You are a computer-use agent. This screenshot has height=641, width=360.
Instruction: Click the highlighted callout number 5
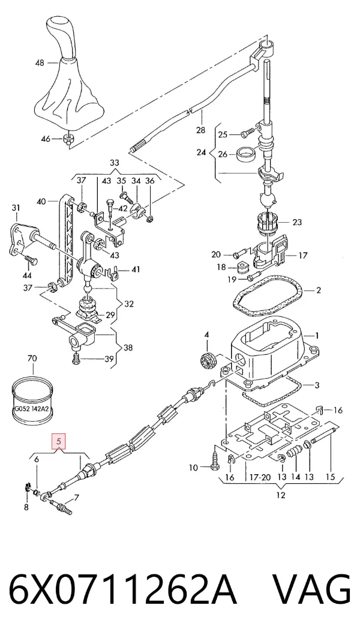click(x=59, y=442)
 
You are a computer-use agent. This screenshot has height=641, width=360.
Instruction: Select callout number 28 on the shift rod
click(x=200, y=130)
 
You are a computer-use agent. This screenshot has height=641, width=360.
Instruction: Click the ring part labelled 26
click(x=247, y=154)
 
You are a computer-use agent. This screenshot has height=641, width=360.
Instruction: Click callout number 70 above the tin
click(x=32, y=359)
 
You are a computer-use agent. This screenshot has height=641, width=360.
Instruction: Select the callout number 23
click(x=296, y=222)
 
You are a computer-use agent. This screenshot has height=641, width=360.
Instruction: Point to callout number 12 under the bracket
click(x=281, y=496)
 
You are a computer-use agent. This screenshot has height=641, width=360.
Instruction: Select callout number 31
click(x=16, y=208)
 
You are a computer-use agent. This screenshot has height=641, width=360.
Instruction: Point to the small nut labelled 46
click(x=68, y=139)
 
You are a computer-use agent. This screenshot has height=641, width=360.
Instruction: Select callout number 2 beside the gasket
click(x=318, y=290)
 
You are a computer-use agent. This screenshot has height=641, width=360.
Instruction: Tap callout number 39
click(x=108, y=360)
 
